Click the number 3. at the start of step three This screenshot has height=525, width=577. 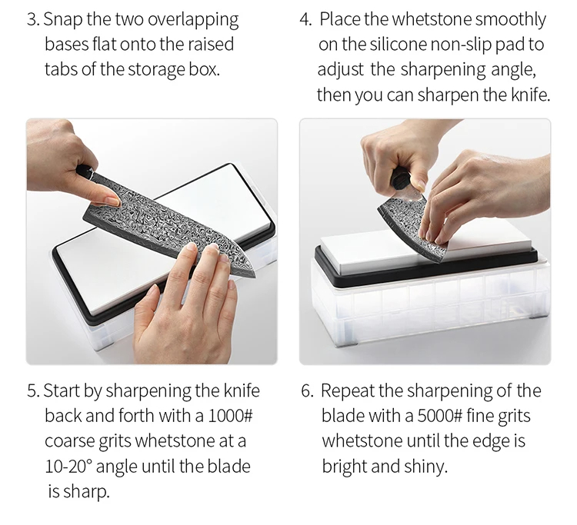click(x=33, y=19)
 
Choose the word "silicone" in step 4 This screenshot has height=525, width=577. click(x=399, y=45)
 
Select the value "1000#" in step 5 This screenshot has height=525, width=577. click(x=230, y=416)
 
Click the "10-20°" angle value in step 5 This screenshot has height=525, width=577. click(x=68, y=466)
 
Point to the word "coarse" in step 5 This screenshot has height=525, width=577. click(x=69, y=441)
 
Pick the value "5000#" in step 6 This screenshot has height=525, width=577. click(x=439, y=416)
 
